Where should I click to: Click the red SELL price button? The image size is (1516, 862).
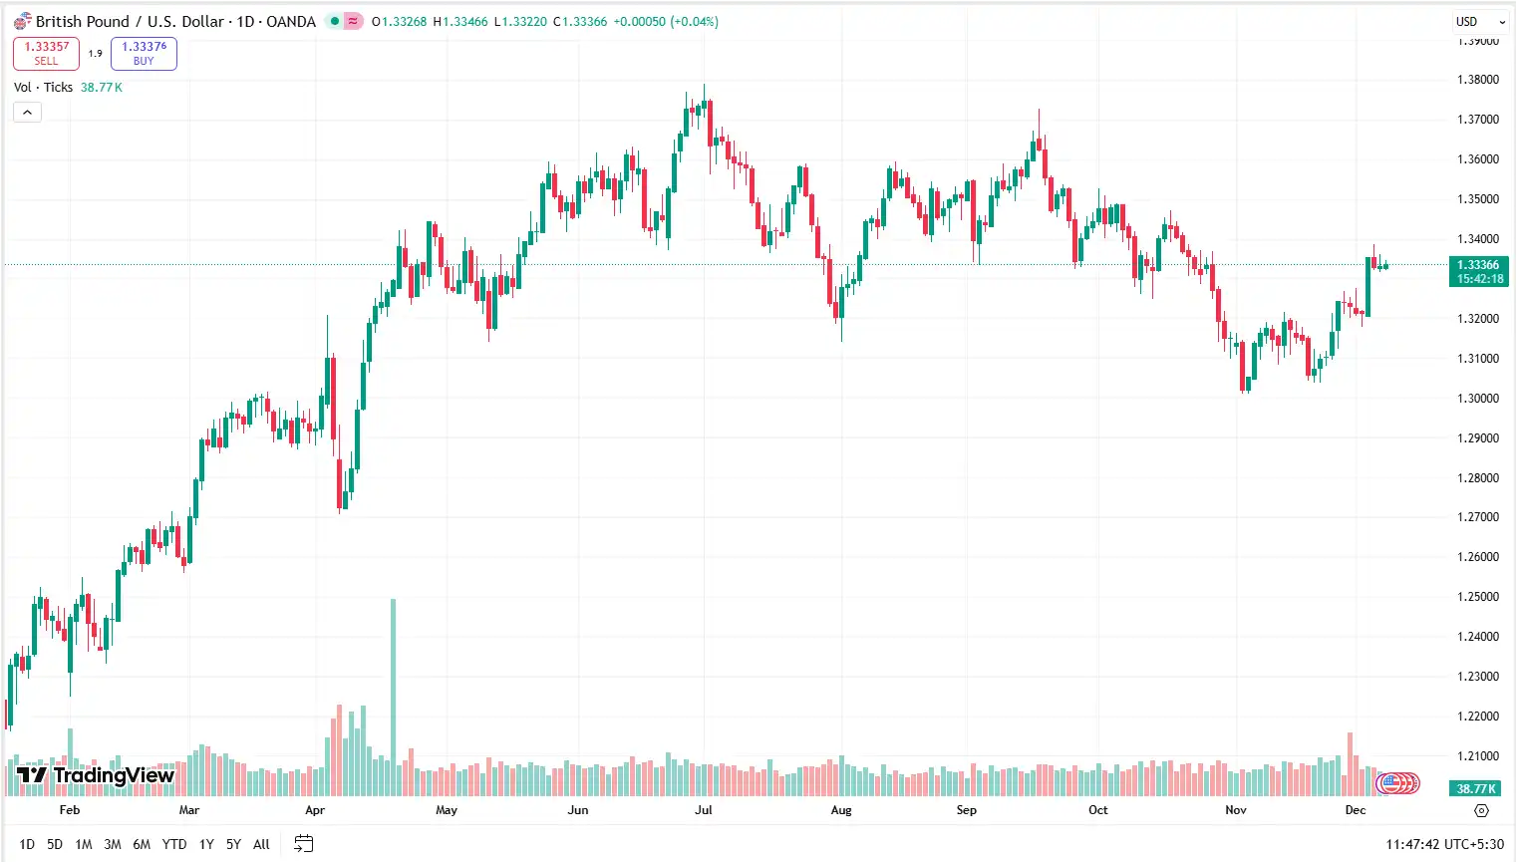click(46, 53)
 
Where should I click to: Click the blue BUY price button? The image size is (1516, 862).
click(144, 53)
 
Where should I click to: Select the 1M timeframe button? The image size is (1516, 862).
click(84, 844)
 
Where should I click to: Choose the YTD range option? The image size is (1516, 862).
click(173, 844)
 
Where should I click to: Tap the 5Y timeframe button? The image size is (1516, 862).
click(233, 844)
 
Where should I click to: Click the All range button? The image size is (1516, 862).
click(261, 844)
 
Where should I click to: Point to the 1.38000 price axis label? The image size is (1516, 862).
click(1477, 80)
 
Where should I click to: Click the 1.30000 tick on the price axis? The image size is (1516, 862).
click(1477, 398)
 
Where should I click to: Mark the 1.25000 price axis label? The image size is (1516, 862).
click(1477, 597)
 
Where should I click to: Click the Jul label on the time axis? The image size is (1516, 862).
click(704, 810)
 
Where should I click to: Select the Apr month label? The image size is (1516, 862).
click(315, 810)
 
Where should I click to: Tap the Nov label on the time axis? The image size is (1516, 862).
click(1236, 810)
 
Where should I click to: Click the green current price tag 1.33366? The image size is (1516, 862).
click(1477, 265)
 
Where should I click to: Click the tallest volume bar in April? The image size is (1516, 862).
click(393, 698)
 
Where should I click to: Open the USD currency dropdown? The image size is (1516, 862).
click(1478, 21)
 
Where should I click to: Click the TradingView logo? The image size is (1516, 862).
click(96, 775)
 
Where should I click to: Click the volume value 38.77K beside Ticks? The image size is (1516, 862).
click(102, 88)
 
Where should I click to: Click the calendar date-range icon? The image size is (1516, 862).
click(304, 844)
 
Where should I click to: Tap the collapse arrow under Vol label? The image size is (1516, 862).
click(27, 113)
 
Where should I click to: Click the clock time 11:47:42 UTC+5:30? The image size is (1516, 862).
click(1444, 844)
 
